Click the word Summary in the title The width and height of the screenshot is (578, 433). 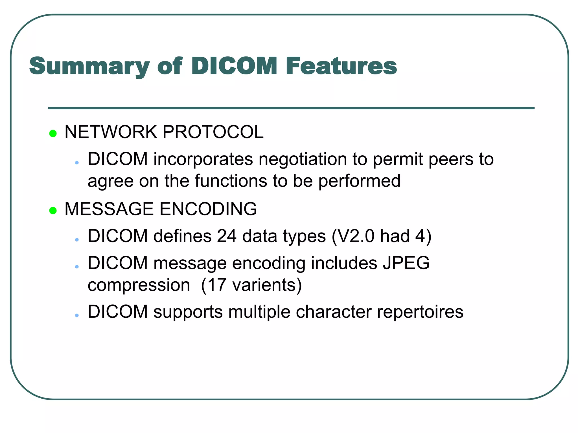pos(89,67)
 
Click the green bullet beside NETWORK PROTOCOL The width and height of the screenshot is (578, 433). pos(53,133)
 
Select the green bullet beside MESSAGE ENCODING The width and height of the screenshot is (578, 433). pos(53,210)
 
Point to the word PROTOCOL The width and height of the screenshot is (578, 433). pos(213,132)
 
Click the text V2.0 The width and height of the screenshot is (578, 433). pos(356,236)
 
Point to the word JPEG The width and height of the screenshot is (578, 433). pos(406,263)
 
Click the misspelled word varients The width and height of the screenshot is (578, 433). pos(264,285)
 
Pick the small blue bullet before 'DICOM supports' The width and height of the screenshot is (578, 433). pos(77,315)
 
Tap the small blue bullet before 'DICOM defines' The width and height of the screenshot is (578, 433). pos(77,240)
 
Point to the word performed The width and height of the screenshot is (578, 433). pos(359,181)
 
